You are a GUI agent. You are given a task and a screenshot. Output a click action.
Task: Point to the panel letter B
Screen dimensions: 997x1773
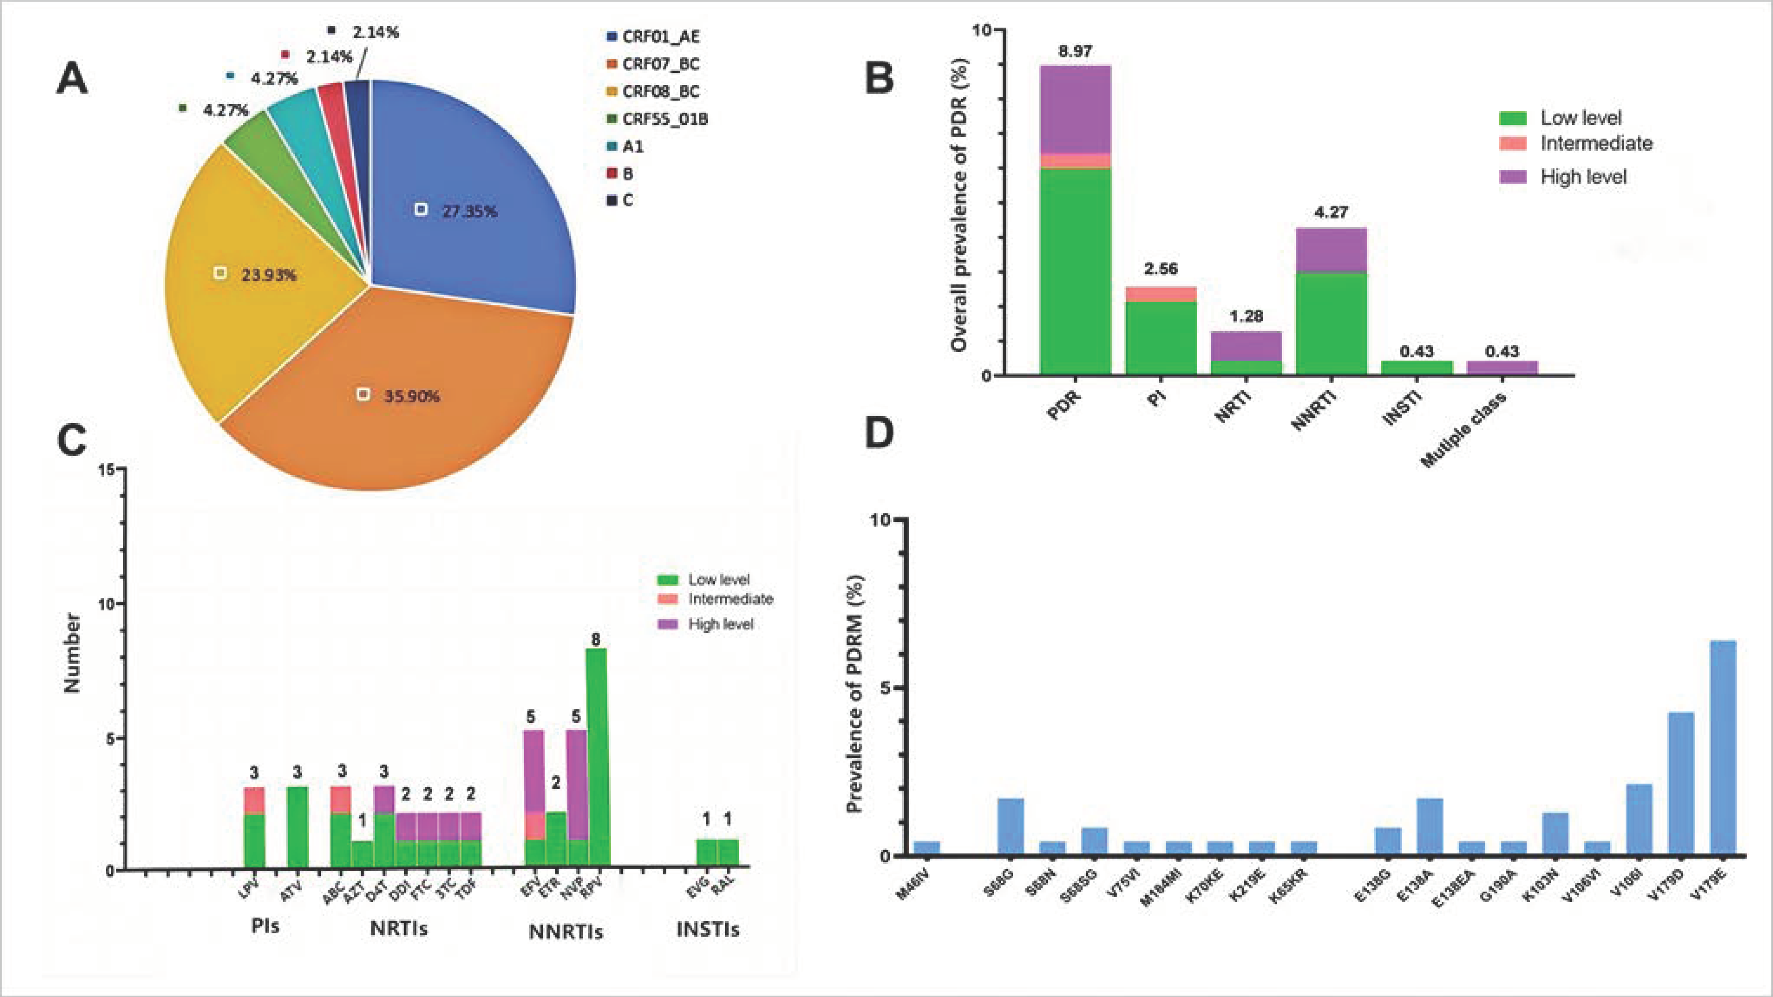pyautogui.click(x=879, y=78)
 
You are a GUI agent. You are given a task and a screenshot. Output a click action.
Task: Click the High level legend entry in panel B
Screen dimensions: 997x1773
pyautogui.click(x=1583, y=177)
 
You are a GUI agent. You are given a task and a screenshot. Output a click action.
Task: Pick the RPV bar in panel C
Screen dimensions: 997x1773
pyautogui.click(x=596, y=757)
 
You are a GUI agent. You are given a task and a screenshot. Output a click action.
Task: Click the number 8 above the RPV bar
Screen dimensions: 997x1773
pyautogui.click(x=596, y=639)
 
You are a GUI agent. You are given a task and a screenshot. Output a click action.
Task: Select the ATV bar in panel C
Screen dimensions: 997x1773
pyautogui.click(x=297, y=826)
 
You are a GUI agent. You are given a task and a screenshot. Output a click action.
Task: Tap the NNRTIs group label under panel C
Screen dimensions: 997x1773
pyautogui.click(x=566, y=932)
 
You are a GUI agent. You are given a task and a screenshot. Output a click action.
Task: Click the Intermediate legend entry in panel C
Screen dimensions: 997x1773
pyautogui.click(x=730, y=599)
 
